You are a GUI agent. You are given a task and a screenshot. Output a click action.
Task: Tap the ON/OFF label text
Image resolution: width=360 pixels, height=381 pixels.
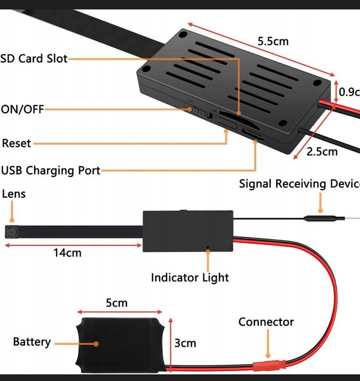pyautogui.click(x=22, y=109)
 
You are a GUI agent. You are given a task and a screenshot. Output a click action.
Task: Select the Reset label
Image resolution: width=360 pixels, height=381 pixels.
pyautogui.click(x=17, y=144)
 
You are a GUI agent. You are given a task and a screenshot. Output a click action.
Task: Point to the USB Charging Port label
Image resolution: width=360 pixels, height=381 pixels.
pyautogui.click(x=51, y=170)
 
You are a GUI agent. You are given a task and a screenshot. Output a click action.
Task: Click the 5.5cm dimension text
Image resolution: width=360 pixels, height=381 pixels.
pyautogui.click(x=273, y=41)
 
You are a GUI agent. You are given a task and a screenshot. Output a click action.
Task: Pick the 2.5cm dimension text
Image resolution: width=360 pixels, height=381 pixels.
pyautogui.click(x=322, y=151)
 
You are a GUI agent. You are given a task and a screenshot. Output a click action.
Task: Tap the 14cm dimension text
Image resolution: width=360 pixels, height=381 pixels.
pyautogui.click(x=68, y=253)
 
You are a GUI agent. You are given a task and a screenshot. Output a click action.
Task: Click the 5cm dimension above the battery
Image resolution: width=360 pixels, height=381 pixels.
pyautogui.click(x=117, y=303)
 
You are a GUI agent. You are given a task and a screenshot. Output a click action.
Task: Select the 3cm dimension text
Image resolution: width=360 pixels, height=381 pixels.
pyautogui.click(x=186, y=343)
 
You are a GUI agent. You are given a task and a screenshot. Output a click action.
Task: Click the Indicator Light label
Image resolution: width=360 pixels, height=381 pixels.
pyautogui.click(x=190, y=278)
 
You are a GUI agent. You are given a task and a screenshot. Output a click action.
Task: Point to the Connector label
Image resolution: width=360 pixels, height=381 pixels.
pyautogui.click(x=266, y=322)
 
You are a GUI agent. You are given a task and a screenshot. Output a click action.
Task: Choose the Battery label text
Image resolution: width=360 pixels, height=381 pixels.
pyautogui.click(x=32, y=342)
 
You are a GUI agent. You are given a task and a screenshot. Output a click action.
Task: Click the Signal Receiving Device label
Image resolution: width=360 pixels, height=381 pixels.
pyautogui.click(x=299, y=183)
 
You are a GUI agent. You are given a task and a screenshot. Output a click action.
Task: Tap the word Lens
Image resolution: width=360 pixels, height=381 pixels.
pyautogui.click(x=14, y=194)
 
